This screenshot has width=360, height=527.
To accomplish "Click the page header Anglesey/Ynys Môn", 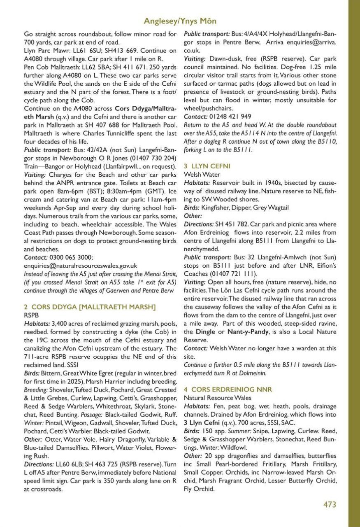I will (180, 21).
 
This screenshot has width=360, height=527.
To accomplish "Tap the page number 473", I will (330, 504).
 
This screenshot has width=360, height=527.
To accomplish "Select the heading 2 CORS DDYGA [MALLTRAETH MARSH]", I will (84, 307).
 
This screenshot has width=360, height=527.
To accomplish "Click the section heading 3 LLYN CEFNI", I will (207, 166).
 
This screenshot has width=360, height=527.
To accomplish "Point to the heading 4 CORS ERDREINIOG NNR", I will (228, 389).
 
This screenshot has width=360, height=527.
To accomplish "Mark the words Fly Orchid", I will (199, 489).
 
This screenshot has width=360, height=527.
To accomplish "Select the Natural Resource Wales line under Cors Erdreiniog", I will (218, 398).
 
